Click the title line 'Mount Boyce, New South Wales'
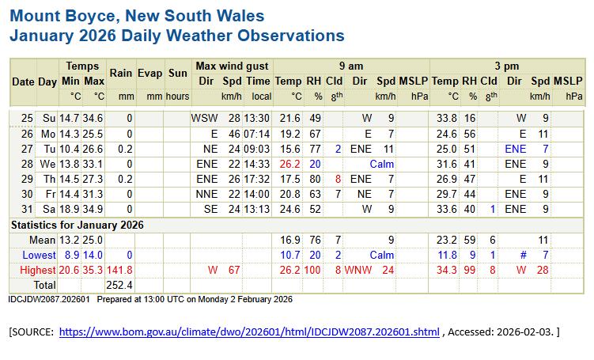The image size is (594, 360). click(x=137, y=16)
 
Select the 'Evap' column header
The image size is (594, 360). click(x=149, y=73)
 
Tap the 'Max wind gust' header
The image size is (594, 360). click(x=232, y=66)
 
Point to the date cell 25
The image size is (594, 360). click(x=27, y=118)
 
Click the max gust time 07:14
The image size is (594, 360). click(x=257, y=133)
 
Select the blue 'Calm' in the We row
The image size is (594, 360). click(x=381, y=164)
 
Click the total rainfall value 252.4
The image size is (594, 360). click(x=119, y=284)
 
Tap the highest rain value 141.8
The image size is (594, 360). click(x=119, y=270)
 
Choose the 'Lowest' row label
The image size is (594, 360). click(x=40, y=255)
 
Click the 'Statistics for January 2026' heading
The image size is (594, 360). click(x=77, y=225)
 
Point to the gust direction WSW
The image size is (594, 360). click(x=204, y=118)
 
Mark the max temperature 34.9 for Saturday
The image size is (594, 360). click(x=93, y=210)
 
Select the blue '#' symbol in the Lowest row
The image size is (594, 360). click(x=522, y=255)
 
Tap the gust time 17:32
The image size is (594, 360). click(x=257, y=179)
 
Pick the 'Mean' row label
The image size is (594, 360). click(x=44, y=240)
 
